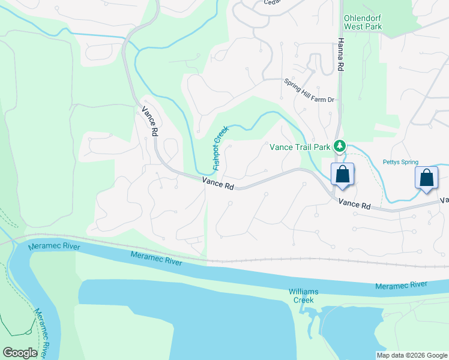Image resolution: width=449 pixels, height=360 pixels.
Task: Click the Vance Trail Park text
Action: coord(300,146)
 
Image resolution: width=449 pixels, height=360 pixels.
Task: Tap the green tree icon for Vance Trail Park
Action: coord(340,146)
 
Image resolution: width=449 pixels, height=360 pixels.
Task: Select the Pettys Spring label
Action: coord(400,162)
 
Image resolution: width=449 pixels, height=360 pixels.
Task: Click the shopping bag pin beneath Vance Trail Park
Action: coord(342,175)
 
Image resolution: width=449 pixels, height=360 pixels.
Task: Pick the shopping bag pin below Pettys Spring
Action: coord(426,178)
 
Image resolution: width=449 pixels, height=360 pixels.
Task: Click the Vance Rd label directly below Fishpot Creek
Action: coord(217,182)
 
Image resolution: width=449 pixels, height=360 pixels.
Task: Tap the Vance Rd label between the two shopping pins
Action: coord(354,204)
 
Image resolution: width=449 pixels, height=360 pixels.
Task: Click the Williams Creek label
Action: coord(303,295)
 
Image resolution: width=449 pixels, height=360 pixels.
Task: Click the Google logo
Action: coord(20,353)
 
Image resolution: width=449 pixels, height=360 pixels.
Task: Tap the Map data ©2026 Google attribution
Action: coord(412,355)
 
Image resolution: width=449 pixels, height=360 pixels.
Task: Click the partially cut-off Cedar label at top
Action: coord(272,2)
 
